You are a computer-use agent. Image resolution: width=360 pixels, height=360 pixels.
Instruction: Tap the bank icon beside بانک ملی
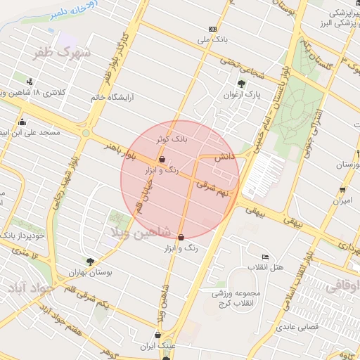[x=212, y=29]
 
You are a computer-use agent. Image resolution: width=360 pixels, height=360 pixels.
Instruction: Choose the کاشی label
[x=224, y=158]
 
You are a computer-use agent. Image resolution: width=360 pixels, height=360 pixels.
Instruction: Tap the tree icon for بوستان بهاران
[x=89, y=261]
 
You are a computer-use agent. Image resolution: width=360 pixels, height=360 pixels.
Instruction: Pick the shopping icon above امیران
[x=342, y=189]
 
